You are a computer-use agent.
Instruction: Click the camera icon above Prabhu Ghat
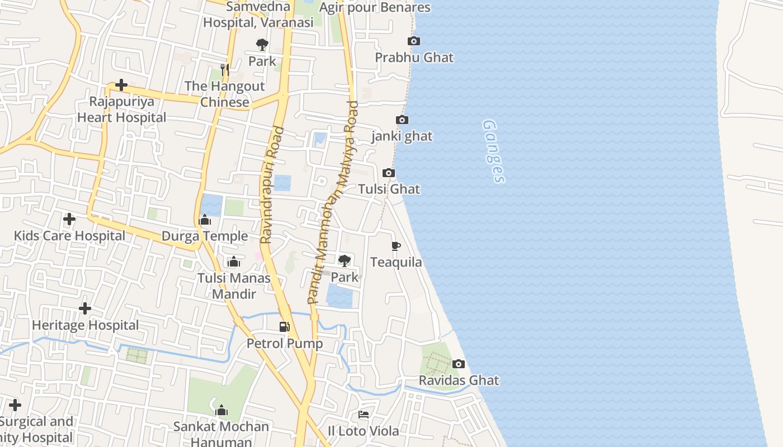point(414,41)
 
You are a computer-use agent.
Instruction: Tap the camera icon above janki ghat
point(402,120)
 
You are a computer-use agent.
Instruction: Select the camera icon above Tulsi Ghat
point(389,173)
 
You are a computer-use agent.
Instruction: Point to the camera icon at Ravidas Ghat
point(459,364)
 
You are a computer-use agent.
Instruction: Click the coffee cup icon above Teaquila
point(396,246)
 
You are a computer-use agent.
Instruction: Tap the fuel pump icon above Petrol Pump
point(285,327)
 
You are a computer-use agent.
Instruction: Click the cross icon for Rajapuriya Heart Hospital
point(121,85)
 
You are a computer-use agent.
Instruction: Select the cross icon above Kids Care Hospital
point(69,219)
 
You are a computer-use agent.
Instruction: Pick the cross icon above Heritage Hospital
point(85,308)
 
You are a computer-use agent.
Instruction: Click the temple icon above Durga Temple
point(205,220)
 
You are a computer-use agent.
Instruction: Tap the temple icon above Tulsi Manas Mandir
point(234,261)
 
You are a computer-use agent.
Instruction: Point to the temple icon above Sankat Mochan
point(221,411)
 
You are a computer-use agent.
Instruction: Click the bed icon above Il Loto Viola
point(364,415)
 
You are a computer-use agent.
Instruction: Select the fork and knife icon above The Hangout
point(224,69)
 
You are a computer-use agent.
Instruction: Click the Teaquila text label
point(396,262)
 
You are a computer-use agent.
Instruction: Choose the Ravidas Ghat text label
point(459,381)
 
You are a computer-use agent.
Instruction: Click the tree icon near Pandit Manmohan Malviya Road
point(345,260)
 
